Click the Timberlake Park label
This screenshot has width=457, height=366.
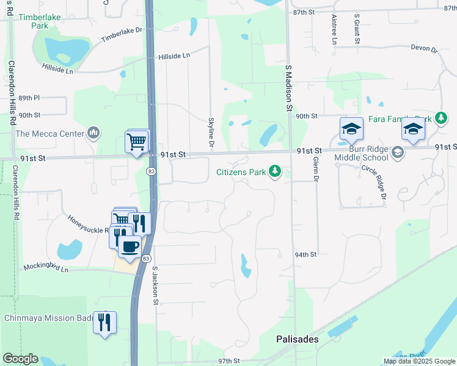(40, 21)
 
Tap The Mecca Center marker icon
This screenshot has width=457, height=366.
(93, 132)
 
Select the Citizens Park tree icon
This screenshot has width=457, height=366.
(275, 172)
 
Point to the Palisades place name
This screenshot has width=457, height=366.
(297, 339)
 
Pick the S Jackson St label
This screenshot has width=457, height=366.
(155, 285)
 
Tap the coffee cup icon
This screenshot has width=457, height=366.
(129, 246)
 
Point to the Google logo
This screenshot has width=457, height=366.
(20, 359)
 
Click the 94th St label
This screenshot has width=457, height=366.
(305, 254)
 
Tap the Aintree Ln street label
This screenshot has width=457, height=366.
(334, 30)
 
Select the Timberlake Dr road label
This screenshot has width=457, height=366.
(121, 34)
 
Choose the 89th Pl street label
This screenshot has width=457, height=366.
(29, 98)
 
